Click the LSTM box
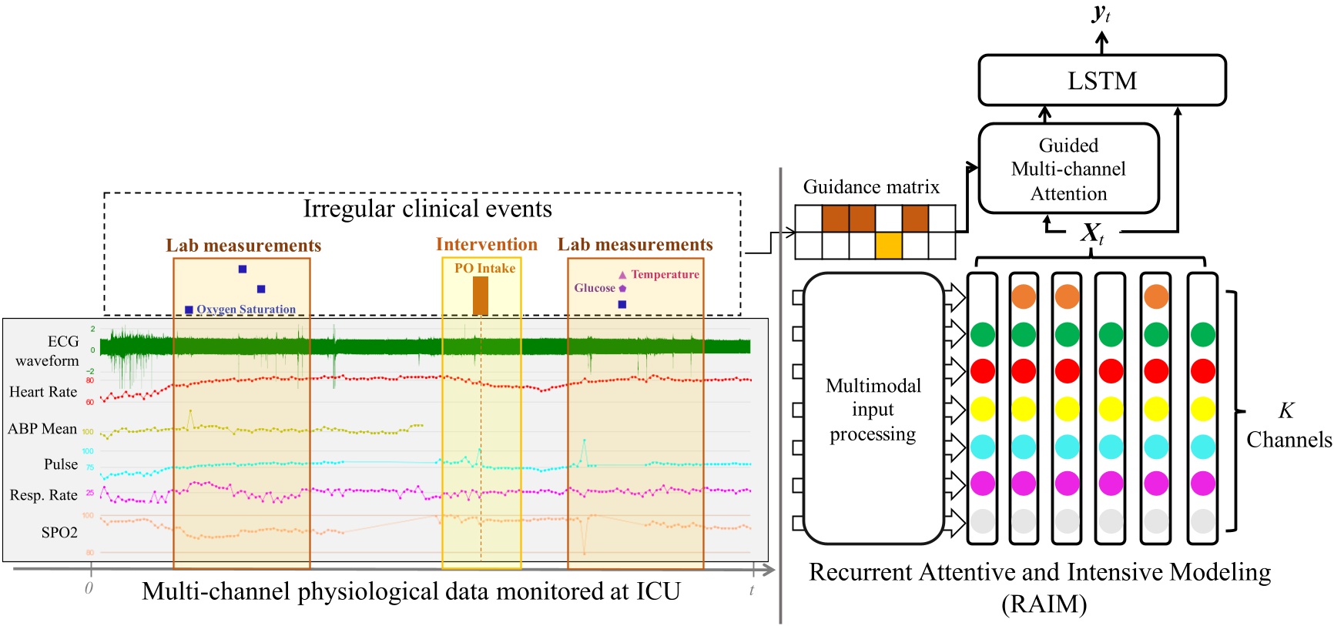point(1101,80)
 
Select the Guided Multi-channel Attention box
point(1068,169)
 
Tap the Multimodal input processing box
point(873,409)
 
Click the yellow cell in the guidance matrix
point(888,246)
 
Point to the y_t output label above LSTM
point(1101,13)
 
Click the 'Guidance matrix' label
point(871,187)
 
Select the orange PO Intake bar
point(481,296)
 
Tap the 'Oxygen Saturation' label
point(246,310)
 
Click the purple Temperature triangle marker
point(622,275)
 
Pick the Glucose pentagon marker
point(622,288)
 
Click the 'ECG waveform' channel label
point(48,350)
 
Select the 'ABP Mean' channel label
point(42,429)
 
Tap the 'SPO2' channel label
point(59,532)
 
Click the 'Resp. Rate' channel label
point(44,495)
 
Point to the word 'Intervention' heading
point(487,244)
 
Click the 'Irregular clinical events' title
point(427,209)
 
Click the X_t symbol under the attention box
point(1092,233)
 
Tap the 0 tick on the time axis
point(89,588)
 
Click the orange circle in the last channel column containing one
point(1156,296)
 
